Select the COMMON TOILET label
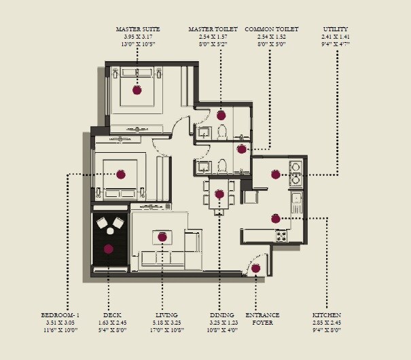tap(271, 30)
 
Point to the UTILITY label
tap(335, 30)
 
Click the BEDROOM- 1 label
tap(60, 315)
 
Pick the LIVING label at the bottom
tap(166, 315)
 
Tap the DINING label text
tap(222, 315)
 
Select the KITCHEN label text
tap(326, 315)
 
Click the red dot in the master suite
tap(137, 90)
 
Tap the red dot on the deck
tap(108, 249)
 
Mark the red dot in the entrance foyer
tap(255, 268)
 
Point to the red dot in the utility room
tap(275, 175)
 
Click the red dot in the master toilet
tap(221, 115)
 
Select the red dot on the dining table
tap(219, 194)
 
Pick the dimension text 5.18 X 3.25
tap(166, 323)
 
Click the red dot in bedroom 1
tap(121, 175)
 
